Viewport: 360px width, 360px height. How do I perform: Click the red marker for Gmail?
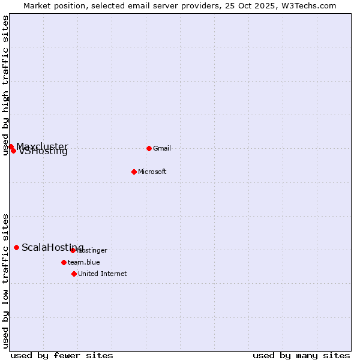(149, 148)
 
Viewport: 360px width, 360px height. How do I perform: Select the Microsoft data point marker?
(134, 172)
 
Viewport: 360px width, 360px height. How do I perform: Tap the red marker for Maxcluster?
(11, 146)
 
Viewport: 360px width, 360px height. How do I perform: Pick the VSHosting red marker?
(13, 151)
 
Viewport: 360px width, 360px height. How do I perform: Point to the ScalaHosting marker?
(16, 247)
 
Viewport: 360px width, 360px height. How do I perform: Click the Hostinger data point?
(73, 250)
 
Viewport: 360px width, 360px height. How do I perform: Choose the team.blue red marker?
(64, 262)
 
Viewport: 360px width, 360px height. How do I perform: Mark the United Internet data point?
(74, 274)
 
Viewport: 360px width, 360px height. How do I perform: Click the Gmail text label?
(162, 148)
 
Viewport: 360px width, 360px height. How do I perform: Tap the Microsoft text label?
(152, 172)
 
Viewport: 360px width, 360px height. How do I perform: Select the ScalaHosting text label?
(53, 247)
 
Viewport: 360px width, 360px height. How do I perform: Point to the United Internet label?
(103, 274)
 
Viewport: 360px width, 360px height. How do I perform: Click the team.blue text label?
(84, 262)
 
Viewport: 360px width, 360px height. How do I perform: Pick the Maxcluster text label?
(43, 146)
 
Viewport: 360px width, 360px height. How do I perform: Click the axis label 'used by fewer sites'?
(62, 355)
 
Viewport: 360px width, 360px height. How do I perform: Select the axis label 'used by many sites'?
(301, 355)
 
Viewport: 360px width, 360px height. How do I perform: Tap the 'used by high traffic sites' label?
(6, 85)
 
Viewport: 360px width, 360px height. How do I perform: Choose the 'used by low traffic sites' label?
(6, 281)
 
